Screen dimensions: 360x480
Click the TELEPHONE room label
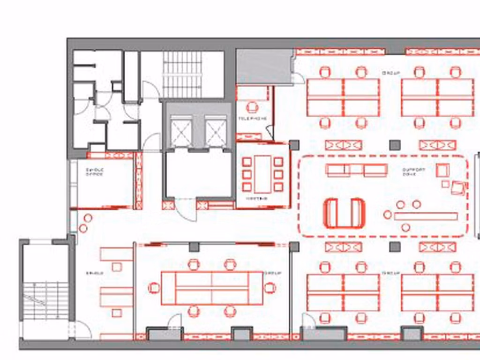(252, 119)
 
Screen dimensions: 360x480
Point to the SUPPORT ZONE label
(413, 172)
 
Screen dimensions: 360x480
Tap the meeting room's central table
(262, 174)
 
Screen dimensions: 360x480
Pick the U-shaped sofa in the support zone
(344, 213)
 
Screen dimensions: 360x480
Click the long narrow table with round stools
(425, 216)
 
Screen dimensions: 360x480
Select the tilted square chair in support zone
(457, 188)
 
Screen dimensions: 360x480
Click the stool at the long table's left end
(387, 215)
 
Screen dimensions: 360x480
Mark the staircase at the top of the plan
(182, 74)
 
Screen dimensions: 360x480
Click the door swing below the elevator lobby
(186, 211)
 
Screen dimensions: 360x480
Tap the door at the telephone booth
(269, 133)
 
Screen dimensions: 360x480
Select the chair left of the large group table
(154, 287)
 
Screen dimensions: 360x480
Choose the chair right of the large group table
(270, 287)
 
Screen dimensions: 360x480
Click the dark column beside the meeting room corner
(294, 145)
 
